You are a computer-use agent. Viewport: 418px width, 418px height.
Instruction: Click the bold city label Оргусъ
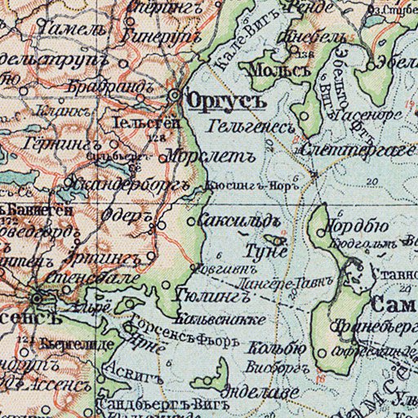pyautogui.click(x=216, y=102)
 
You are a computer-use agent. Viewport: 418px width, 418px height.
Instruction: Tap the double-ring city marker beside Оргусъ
pyautogui.click(x=175, y=96)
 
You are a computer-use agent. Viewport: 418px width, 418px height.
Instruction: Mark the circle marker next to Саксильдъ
pyautogui.click(x=193, y=221)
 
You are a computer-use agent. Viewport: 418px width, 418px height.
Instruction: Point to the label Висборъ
pyautogui.click(x=273, y=364)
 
